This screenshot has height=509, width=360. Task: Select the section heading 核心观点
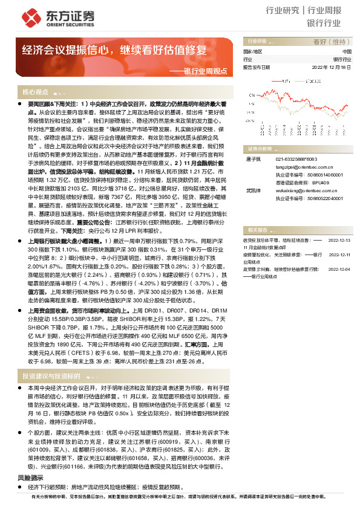[x=35, y=92]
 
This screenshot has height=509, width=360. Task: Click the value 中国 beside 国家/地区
[x=346, y=52]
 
